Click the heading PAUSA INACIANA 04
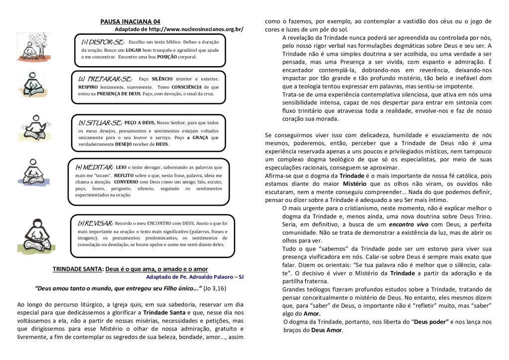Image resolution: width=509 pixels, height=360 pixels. tap(130, 21)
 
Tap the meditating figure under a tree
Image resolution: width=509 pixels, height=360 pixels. tap(33, 47)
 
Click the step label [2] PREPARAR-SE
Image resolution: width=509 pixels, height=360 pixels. tap(105, 79)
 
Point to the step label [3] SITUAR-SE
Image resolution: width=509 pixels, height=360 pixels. tap(100, 122)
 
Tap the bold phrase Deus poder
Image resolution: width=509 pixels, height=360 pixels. tap(428, 322)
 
